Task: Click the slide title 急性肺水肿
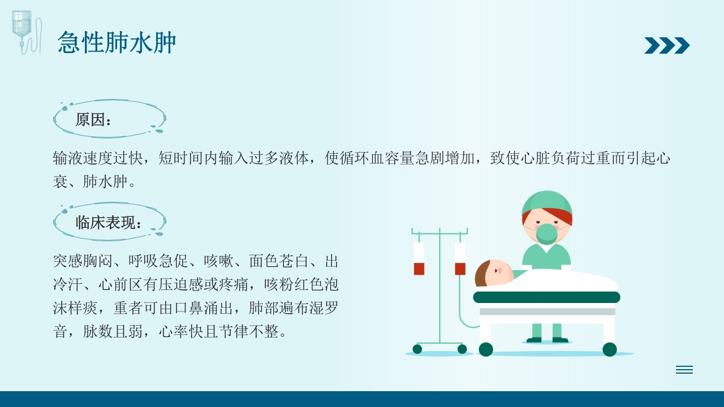point(117,43)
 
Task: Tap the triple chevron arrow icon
point(667,45)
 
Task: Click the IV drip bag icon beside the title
point(25,31)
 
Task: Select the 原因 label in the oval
point(94,120)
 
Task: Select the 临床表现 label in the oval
point(109,223)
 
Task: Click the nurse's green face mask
point(546,233)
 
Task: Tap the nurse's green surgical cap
point(547,202)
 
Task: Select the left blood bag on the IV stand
point(419,259)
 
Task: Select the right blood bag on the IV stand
point(460,259)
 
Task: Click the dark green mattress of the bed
point(546,297)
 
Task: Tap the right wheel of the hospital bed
point(609,349)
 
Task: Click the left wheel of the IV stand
point(417,349)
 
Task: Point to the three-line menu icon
point(684,370)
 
